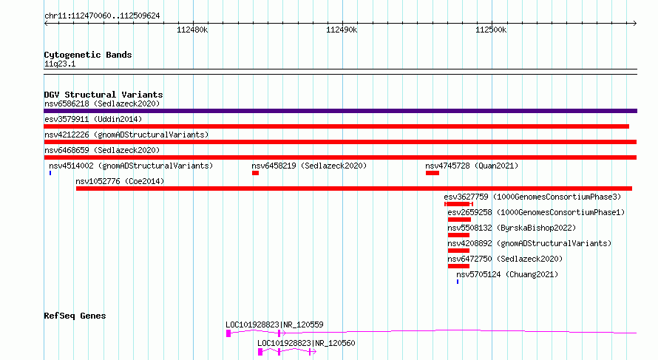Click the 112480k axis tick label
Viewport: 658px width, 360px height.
(192, 30)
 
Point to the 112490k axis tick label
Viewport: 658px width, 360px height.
(342, 30)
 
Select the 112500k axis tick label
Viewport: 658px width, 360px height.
(491, 30)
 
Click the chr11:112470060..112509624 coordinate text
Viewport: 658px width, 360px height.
(102, 16)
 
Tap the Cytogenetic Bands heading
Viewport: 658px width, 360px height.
(88, 55)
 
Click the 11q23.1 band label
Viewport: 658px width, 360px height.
(60, 64)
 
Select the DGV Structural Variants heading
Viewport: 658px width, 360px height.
(104, 95)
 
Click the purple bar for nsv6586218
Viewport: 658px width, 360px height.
(340, 111)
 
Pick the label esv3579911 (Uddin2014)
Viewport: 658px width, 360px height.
(93, 119)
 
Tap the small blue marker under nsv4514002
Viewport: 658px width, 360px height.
(50, 173)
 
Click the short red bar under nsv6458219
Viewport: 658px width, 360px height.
(255, 173)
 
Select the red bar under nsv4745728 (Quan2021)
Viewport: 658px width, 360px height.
(433, 173)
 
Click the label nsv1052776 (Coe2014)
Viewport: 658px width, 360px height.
(120, 181)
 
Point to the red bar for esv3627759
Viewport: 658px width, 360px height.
(458, 204)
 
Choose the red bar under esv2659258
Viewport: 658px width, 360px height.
(459, 220)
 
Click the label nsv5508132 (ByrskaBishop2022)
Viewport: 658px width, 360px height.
(512, 228)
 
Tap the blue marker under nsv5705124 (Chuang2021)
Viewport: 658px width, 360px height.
(458, 282)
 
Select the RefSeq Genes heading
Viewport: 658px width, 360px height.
(75, 316)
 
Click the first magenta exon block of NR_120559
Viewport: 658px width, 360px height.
(228, 333)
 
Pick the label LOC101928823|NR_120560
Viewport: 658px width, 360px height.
(306, 343)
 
